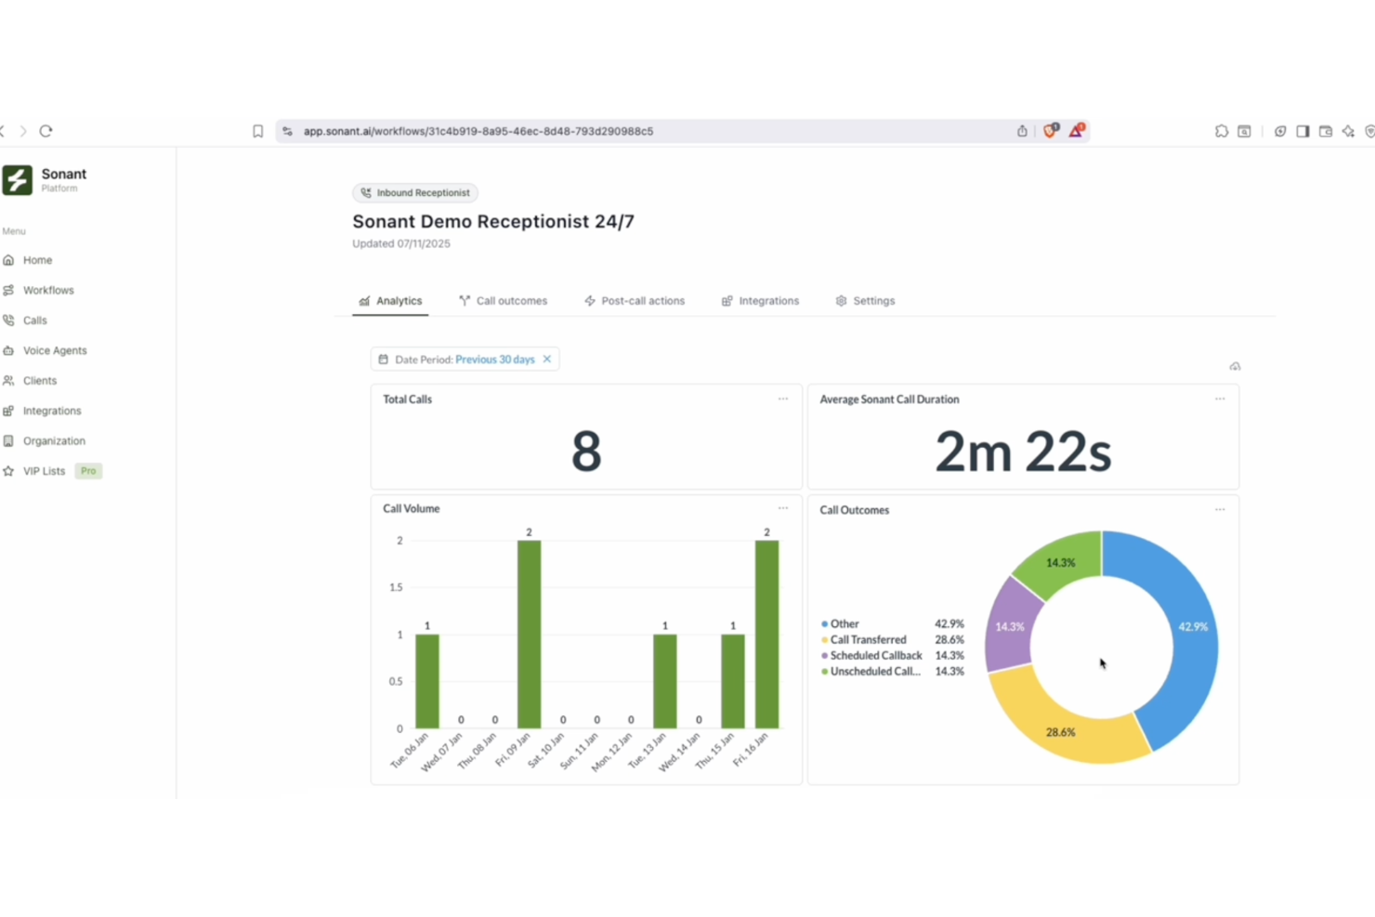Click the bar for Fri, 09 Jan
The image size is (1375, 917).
click(529, 634)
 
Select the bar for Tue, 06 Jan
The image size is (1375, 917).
click(427, 681)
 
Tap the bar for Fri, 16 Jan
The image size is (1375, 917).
click(766, 634)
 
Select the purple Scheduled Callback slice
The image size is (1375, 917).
click(1010, 625)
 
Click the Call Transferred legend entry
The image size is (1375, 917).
click(868, 640)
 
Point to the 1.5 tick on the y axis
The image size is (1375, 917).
click(397, 587)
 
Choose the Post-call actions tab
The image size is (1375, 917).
click(635, 301)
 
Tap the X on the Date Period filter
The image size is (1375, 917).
click(547, 360)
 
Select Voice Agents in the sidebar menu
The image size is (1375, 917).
click(55, 350)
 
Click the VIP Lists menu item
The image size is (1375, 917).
click(44, 471)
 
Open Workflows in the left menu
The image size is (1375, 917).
click(48, 290)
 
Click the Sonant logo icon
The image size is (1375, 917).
click(17, 180)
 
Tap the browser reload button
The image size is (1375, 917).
click(46, 131)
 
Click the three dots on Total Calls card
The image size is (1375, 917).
click(783, 400)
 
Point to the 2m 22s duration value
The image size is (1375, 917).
click(1023, 452)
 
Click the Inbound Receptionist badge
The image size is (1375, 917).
click(415, 193)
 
